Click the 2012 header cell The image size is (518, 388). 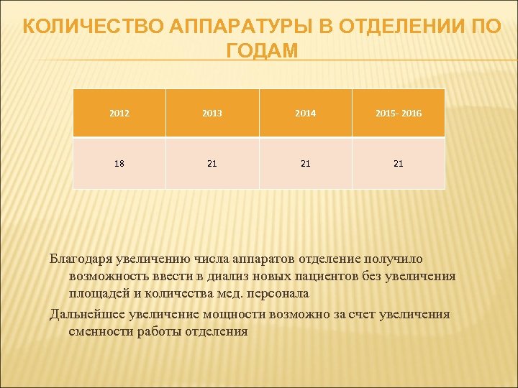click(x=119, y=114)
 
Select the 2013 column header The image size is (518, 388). click(x=212, y=114)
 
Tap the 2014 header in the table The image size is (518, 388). click(x=306, y=114)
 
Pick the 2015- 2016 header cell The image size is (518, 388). click(x=399, y=114)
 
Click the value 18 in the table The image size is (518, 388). click(x=119, y=163)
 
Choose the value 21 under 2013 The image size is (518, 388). click(x=212, y=163)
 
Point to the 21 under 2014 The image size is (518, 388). click(x=306, y=163)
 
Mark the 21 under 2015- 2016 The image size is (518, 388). click(x=399, y=163)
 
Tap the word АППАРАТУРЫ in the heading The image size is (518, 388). click(x=222, y=27)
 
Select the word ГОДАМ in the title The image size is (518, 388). click(x=261, y=51)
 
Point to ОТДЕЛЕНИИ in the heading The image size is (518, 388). click(x=391, y=27)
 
